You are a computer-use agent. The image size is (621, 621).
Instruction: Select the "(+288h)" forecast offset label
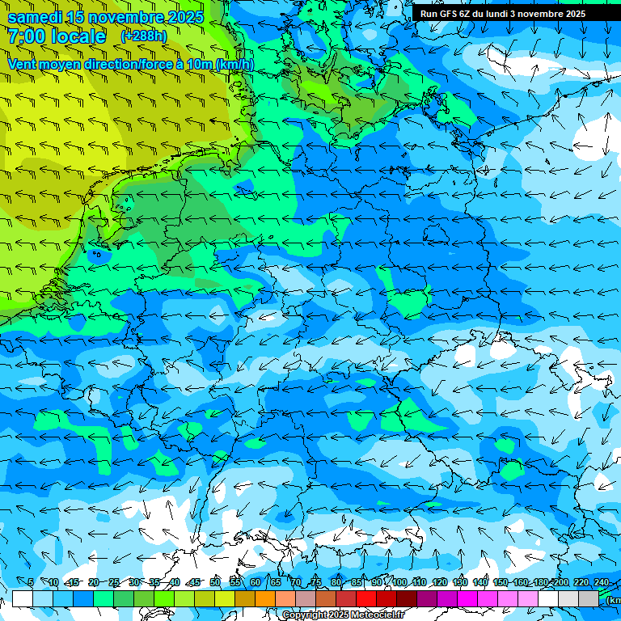pyautogui.click(x=143, y=36)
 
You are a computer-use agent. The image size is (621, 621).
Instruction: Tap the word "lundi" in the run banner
pyautogui.click(x=505, y=14)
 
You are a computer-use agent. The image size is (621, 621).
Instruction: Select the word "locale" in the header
pyautogui.click(x=78, y=36)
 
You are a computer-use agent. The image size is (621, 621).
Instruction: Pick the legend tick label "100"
pyautogui.click(x=399, y=582)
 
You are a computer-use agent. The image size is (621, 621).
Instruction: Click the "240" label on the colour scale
pyautogui.click(x=602, y=582)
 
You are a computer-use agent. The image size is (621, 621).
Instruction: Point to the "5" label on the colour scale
pyautogui.click(x=31, y=582)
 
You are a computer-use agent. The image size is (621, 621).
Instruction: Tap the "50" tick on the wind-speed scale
pyautogui.click(x=215, y=582)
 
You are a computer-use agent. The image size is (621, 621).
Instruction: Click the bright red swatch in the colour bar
pyautogui.click(x=366, y=598)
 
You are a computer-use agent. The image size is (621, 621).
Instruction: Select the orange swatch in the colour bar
pyautogui.click(x=265, y=598)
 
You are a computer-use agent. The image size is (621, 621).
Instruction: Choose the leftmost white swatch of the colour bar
pyautogui.click(x=23, y=598)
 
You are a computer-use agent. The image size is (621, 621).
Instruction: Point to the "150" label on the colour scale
pyautogui.click(x=501, y=582)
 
